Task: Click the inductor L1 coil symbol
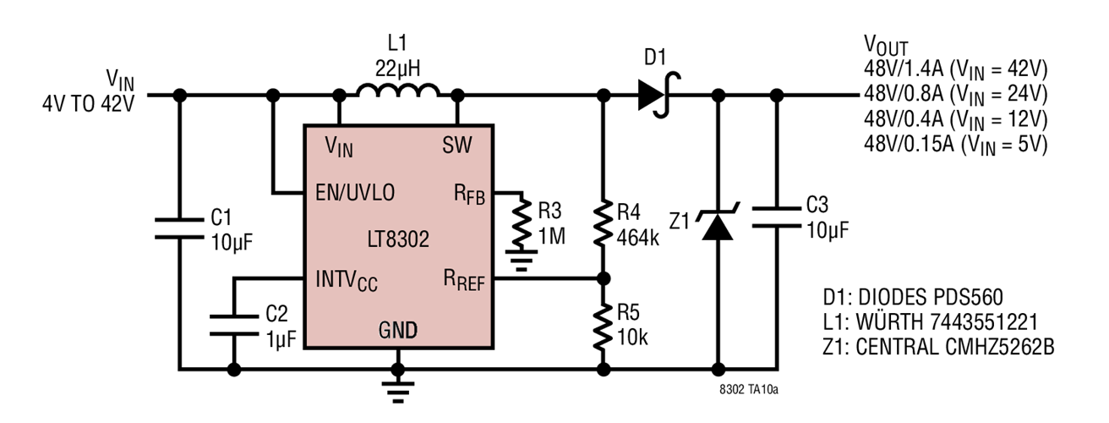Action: tap(397, 91)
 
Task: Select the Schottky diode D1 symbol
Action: tap(658, 95)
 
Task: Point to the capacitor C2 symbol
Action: tap(234, 325)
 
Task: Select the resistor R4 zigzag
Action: tap(603, 222)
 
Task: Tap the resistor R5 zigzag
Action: tap(603, 327)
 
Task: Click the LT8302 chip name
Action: tap(398, 239)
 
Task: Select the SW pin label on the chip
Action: tap(456, 146)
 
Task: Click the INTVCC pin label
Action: tap(347, 279)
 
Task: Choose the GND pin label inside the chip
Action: tap(396, 329)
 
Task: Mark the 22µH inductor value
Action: tap(396, 65)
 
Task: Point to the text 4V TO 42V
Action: tap(89, 104)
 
